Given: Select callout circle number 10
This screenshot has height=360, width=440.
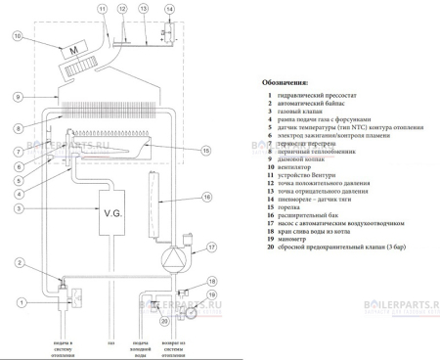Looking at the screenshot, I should (17, 38).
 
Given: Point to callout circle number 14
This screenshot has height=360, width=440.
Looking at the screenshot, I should (170, 10).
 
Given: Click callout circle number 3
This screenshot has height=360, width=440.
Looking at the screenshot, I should (17, 208).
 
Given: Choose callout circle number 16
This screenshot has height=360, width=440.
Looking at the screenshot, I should (206, 197).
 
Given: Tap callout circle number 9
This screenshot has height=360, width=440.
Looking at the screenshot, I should (17, 96).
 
